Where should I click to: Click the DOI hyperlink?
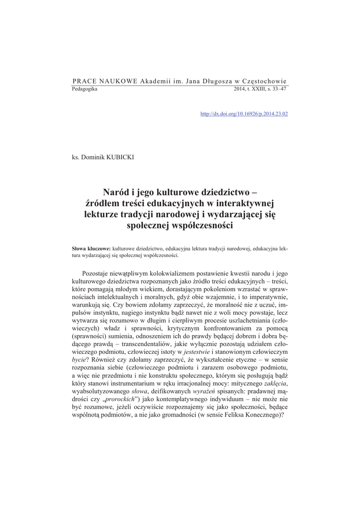[244, 114]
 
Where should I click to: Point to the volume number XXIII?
[259, 88]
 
